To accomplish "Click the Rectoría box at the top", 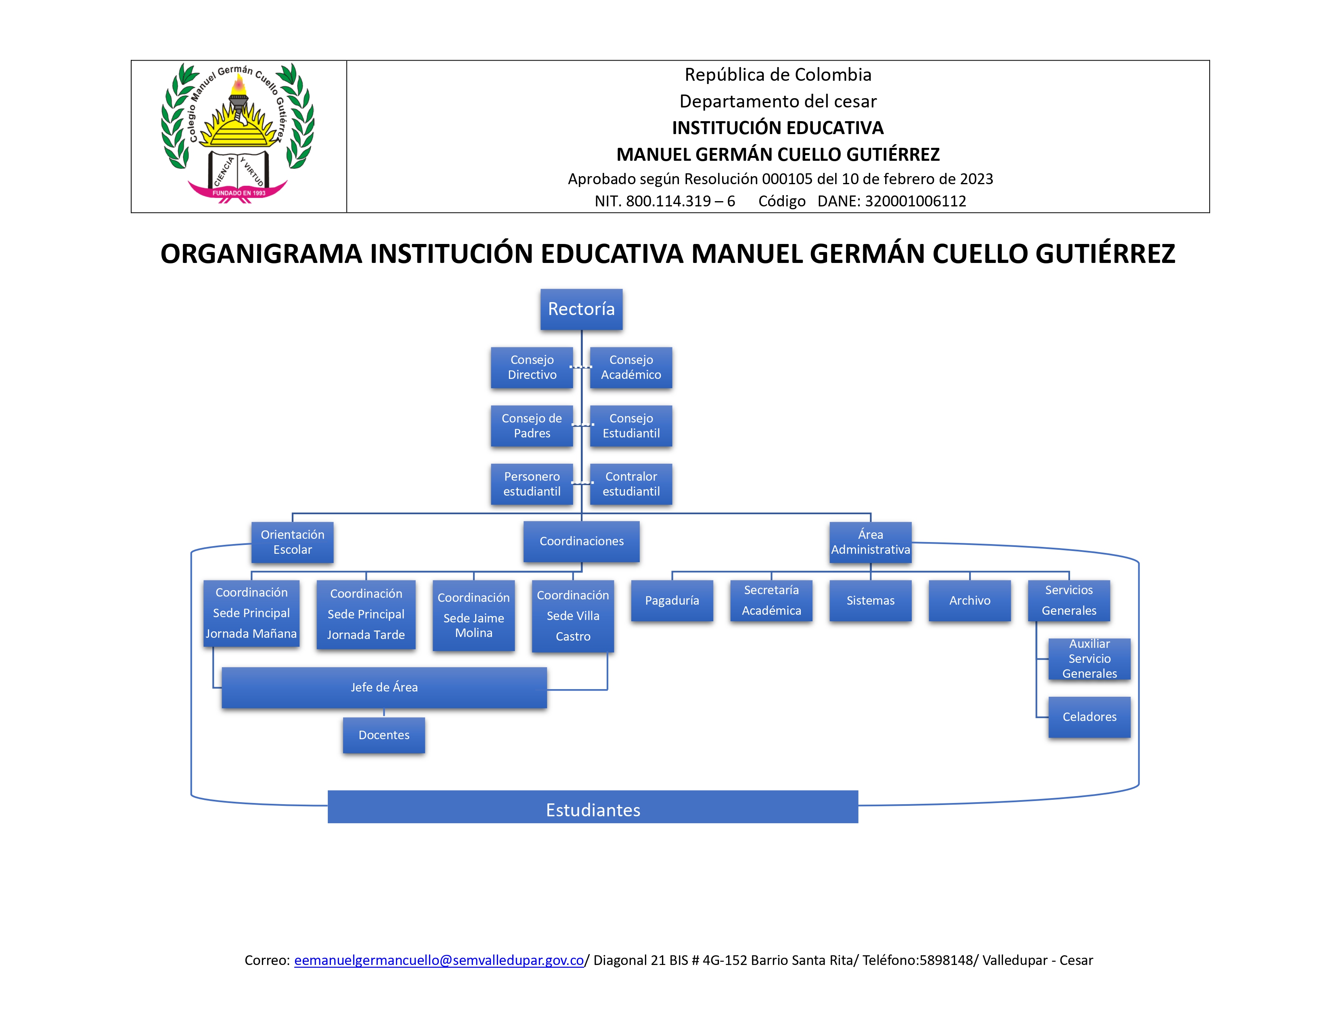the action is [581, 309].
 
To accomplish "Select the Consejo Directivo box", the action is [532, 367].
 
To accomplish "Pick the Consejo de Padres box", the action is [532, 426].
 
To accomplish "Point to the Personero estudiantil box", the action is [532, 484].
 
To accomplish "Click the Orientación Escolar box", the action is [293, 542].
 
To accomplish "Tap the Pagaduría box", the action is [672, 600].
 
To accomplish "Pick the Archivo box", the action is [970, 600].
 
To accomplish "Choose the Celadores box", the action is [1089, 717].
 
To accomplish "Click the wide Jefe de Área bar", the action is [384, 688].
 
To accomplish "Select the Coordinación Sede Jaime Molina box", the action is [473, 615].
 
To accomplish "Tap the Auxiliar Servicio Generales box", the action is [1089, 659].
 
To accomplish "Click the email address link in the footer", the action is [439, 961].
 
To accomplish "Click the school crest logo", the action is [238, 133].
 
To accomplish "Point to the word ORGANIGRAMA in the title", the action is [262, 254].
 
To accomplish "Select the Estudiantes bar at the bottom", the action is [593, 807].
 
